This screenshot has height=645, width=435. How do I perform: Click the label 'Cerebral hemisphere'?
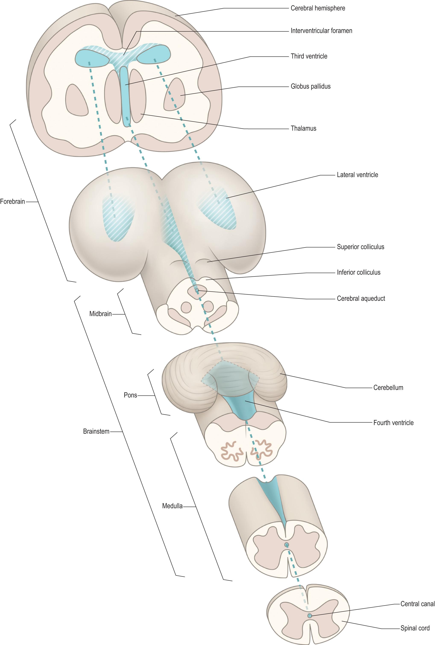coord(318,8)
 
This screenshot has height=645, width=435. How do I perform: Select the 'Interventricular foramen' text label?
coord(321,31)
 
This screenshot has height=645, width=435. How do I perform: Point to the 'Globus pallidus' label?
coord(311,86)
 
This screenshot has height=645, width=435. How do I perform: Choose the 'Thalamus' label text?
coord(303,128)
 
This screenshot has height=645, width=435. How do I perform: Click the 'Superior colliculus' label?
coord(360,247)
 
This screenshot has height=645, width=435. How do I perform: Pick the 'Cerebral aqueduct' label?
coord(361,299)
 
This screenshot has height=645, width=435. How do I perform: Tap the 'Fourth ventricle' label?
coord(393,423)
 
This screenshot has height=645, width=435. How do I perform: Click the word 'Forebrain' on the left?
coord(12,201)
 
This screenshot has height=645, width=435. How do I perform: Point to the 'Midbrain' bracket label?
coord(100,314)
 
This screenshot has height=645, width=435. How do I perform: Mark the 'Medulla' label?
coord(172,506)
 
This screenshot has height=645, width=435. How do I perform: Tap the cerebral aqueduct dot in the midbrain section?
coord(197,291)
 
